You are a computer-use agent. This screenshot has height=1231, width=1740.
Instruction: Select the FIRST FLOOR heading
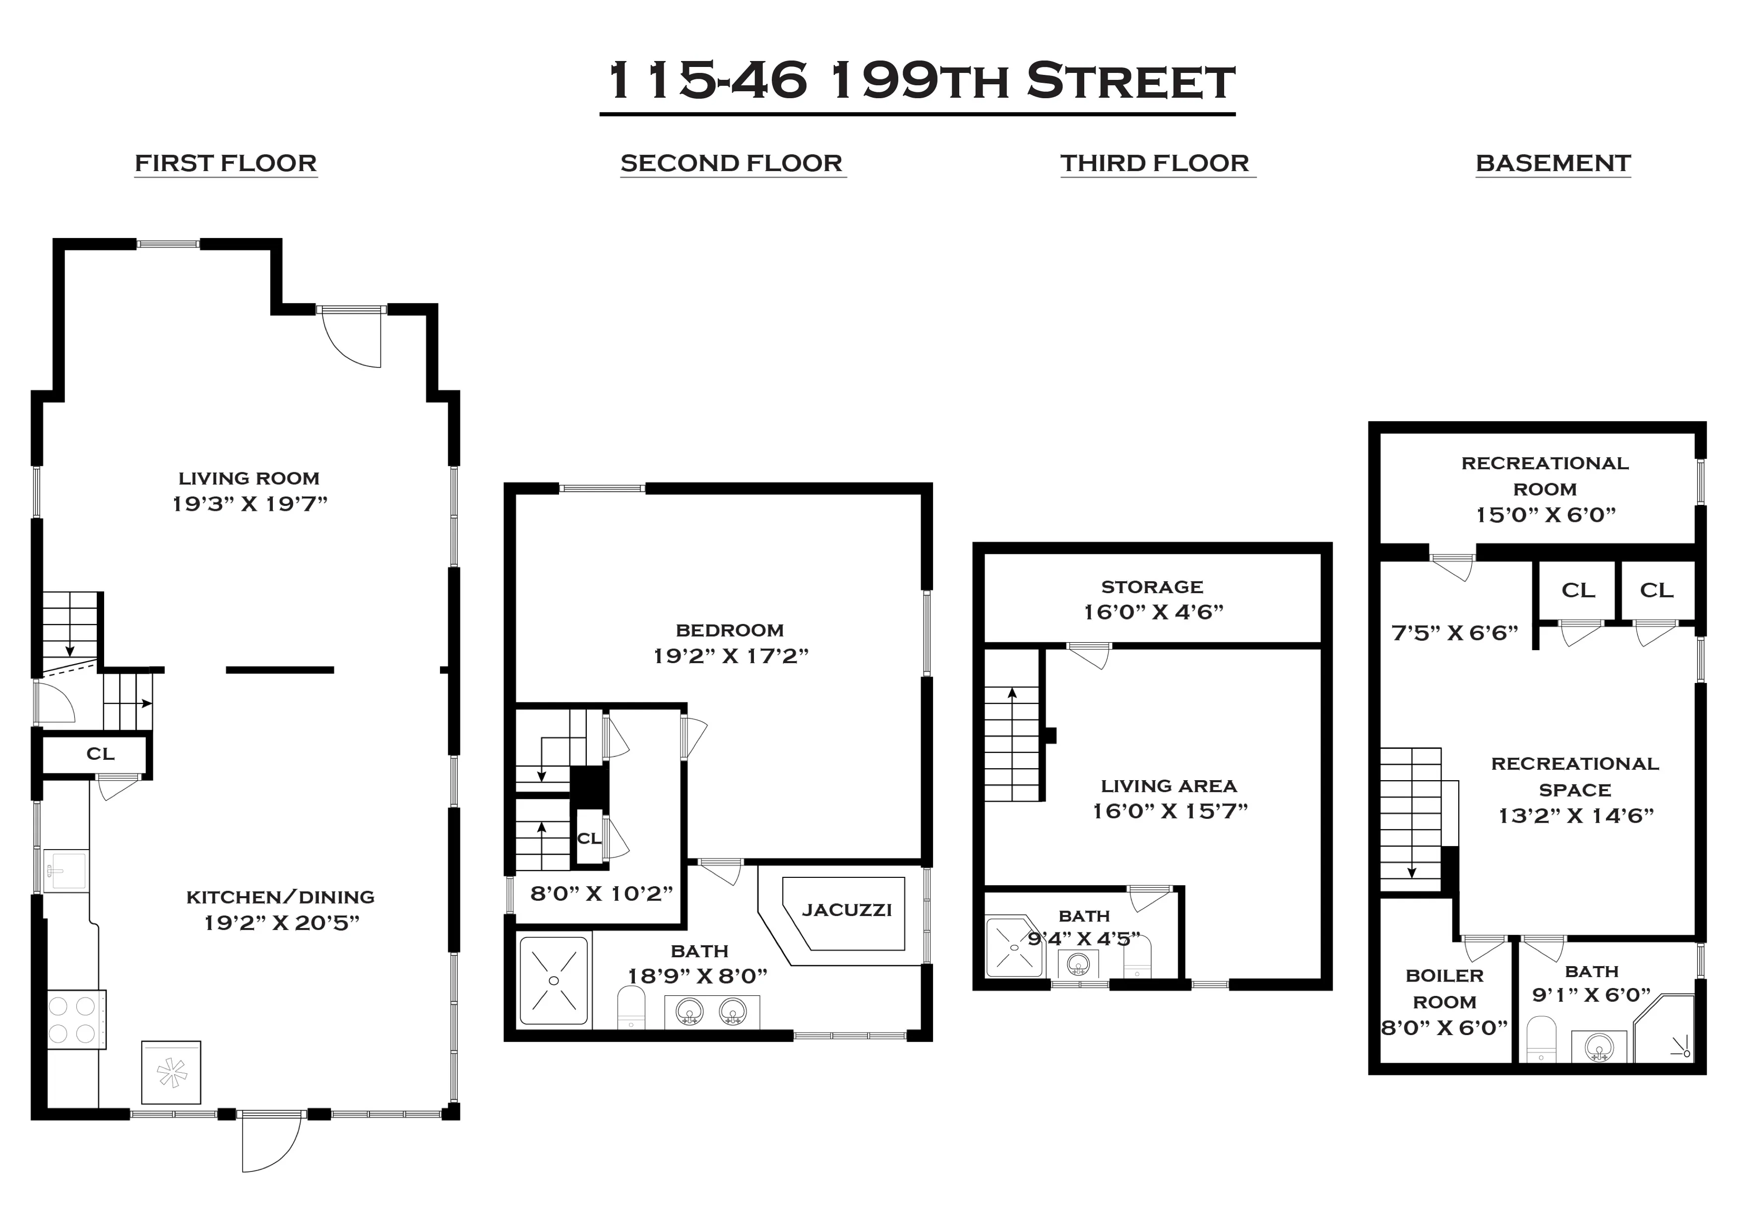[x=226, y=163]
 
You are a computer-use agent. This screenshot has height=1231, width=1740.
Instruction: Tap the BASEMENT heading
[x=1553, y=163]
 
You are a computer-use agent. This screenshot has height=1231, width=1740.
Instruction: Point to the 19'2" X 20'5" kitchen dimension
[x=281, y=923]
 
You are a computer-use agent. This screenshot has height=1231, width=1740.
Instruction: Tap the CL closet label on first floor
[x=100, y=753]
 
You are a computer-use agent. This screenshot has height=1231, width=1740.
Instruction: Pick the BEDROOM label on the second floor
[x=729, y=630]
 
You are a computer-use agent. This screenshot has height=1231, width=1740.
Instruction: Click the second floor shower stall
[x=553, y=981]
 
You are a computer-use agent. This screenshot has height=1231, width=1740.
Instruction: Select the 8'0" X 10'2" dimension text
[x=601, y=894]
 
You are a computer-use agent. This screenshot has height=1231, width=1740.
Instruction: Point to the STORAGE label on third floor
[x=1152, y=587]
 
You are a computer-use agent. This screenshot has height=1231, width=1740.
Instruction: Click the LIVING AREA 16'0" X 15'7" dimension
[x=1170, y=811]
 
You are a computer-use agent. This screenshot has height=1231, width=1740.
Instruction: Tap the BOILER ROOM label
[x=1444, y=988]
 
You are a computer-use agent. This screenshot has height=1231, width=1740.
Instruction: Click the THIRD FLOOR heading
[x=1154, y=163]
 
